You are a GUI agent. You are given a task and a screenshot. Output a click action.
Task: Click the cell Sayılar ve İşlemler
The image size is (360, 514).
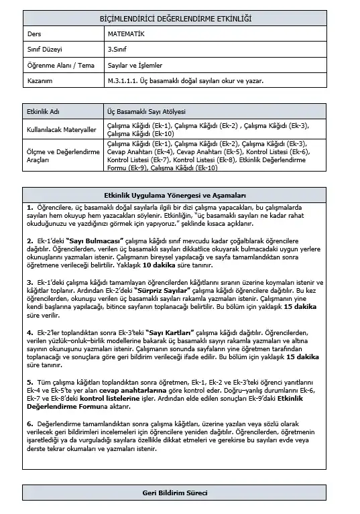point(134,65)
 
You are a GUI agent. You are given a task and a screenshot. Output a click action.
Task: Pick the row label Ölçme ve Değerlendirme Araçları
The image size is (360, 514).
point(58,155)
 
